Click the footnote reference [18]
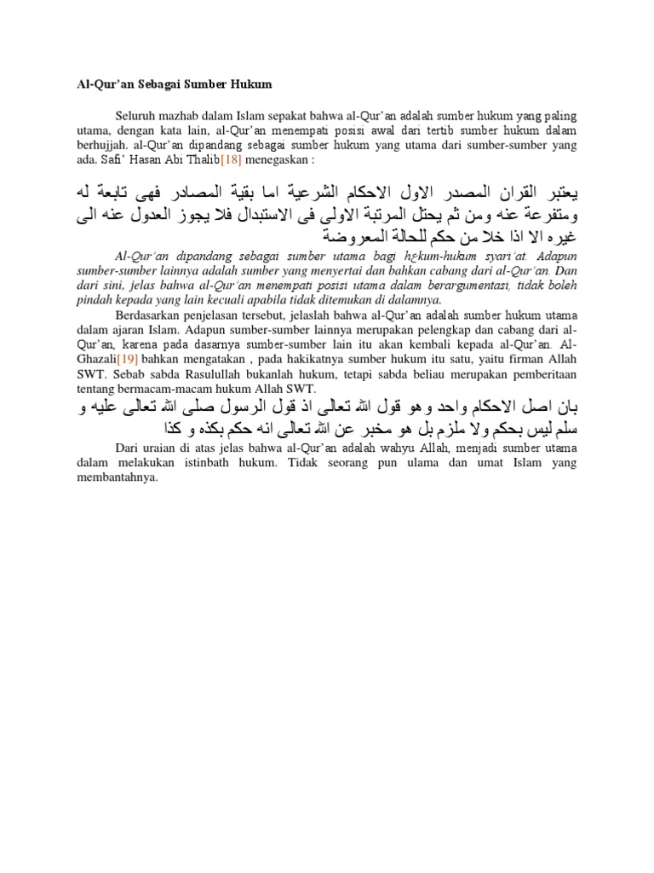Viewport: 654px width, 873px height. (x=232, y=159)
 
